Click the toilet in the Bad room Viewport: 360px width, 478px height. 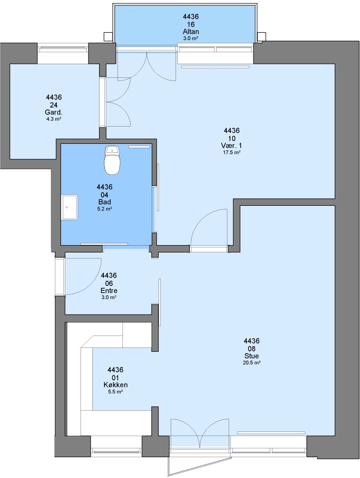(x=112, y=160)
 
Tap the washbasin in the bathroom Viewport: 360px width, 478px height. (x=70, y=207)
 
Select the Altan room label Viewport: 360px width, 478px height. (x=191, y=31)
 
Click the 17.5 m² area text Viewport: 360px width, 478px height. (x=232, y=152)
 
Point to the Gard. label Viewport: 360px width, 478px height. (x=54, y=112)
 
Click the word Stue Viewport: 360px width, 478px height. (x=252, y=356)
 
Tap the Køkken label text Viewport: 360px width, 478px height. (x=115, y=385)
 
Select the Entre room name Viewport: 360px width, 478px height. (x=109, y=290)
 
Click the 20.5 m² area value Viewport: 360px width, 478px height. (x=252, y=363)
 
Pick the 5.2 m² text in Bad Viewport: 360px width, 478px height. (x=104, y=209)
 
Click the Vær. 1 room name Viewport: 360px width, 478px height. (x=232, y=146)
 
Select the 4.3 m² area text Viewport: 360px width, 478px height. (x=54, y=119)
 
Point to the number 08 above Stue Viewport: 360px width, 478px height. (x=252, y=348)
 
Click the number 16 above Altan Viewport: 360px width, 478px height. (x=191, y=24)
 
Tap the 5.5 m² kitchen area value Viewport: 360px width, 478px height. (x=115, y=392)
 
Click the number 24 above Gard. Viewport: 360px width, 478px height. (x=54, y=105)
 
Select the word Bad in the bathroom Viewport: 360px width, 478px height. (x=104, y=202)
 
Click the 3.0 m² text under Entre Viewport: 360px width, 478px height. (x=109, y=297)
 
